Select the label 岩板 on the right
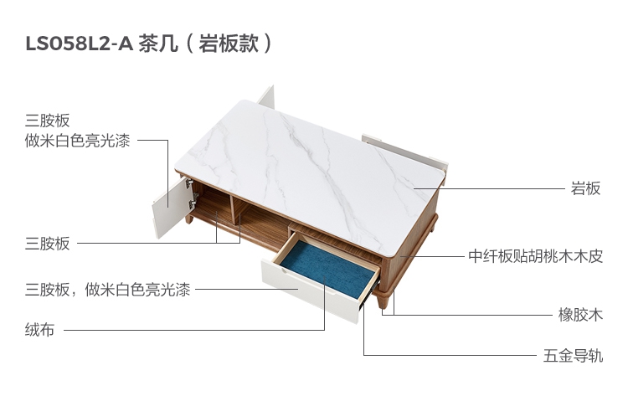coord(585,188)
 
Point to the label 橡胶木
coord(580,316)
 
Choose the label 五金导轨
coord(573,356)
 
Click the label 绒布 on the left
coord(39,330)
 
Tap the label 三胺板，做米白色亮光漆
coord(107,291)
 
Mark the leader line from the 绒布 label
coord(193,330)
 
